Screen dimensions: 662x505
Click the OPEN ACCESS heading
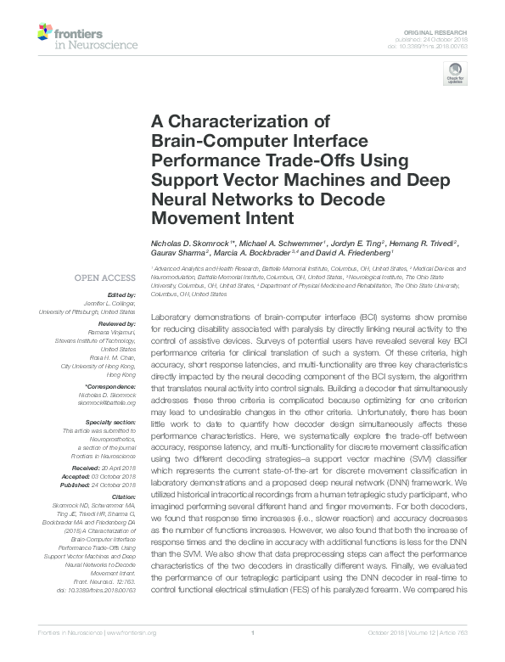[x=104, y=277]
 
